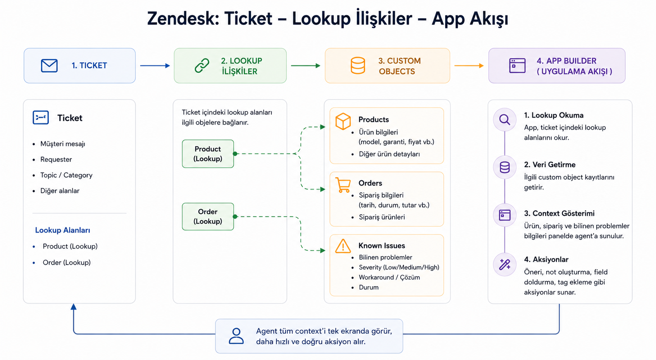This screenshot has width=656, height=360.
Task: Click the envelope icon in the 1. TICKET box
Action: [49, 65]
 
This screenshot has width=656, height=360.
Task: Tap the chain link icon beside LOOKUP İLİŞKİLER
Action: [202, 65]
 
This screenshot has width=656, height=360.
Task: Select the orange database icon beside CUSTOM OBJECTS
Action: [358, 65]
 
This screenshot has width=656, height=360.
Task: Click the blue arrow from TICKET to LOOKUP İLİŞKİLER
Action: [155, 65]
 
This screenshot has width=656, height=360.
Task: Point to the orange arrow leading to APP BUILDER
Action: [469, 65]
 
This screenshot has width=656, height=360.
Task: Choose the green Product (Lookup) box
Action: [208, 154]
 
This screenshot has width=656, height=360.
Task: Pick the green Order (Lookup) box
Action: [208, 217]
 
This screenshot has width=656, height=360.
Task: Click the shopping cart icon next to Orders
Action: [343, 185]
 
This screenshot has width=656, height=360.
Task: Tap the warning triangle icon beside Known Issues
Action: [343, 246]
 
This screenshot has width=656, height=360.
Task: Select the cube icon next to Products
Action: [343, 121]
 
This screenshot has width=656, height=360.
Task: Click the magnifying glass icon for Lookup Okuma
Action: [504, 119]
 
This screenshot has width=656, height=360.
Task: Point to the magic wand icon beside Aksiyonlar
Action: [504, 264]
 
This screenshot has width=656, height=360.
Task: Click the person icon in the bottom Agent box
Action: [236, 336]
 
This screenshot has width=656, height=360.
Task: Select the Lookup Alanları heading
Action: [63, 230]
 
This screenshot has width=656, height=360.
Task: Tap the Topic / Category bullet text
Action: [66, 175]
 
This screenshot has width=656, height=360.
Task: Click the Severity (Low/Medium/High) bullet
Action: [399, 267]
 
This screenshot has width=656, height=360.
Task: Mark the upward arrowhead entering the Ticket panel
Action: [74, 307]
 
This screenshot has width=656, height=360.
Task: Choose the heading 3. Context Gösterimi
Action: [559, 213]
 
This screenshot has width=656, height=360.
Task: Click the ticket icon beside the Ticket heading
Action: [41, 117]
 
